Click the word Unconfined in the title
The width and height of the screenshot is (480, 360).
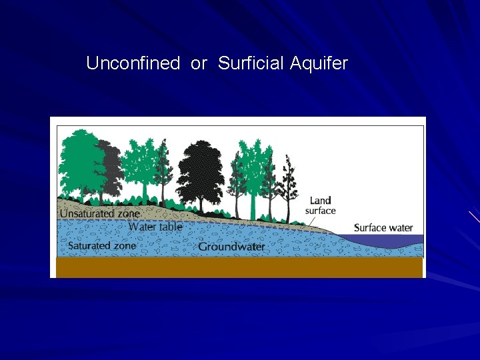[133, 64]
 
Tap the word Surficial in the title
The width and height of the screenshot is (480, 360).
[251, 64]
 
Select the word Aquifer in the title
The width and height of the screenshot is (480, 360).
[319, 64]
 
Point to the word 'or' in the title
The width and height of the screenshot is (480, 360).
[199, 64]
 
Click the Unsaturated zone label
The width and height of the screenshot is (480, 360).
[100, 213]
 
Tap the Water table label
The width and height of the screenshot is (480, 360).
[155, 227]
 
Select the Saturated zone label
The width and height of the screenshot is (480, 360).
[102, 245]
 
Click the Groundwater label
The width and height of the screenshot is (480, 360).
[231, 247]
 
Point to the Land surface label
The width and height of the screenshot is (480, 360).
[320, 205]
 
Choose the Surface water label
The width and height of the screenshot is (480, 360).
[383, 228]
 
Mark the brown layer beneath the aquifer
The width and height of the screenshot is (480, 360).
[239, 267]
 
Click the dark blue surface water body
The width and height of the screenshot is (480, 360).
[400, 239]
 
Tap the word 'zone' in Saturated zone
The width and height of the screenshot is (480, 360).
[123, 245]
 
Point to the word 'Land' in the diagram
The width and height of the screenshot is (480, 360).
[321, 201]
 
